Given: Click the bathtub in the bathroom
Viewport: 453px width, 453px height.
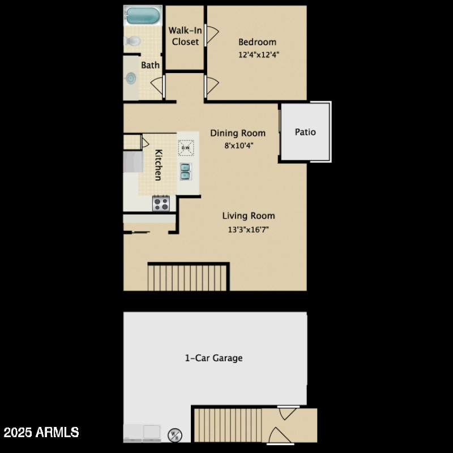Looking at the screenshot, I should pyautogui.click(x=142, y=15).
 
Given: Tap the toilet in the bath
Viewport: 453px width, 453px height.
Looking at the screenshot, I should pyautogui.click(x=134, y=41).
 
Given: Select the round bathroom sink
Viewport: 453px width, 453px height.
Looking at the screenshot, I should pyautogui.click(x=131, y=78).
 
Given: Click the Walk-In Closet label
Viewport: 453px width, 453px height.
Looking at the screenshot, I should pyautogui.click(x=185, y=36).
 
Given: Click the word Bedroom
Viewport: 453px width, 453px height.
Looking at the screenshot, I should pyautogui.click(x=257, y=42).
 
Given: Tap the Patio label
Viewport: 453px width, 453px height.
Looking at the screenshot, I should pyautogui.click(x=305, y=132).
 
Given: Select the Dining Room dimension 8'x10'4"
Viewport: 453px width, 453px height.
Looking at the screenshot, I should pyautogui.click(x=238, y=145).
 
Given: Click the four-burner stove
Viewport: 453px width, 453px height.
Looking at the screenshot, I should pyautogui.click(x=161, y=203).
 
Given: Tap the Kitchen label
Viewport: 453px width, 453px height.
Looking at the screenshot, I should pyautogui.click(x=159, y=165).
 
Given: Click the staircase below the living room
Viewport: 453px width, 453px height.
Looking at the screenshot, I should pyautogui.click(x=188, y=277).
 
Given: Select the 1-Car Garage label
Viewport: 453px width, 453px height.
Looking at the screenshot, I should pyautogui.click(x=214, y=358).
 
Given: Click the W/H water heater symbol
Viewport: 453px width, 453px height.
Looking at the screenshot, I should pyautogui.click(x=174, y=434).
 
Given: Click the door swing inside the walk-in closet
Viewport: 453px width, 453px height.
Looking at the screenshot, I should pyautogui.click(x=211, y=36).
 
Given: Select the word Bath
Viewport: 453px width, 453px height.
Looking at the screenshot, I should pyautogui.click(x=150, y=65).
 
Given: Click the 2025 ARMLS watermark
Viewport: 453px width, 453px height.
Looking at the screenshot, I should pyautogui.click(x=41, y=433).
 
